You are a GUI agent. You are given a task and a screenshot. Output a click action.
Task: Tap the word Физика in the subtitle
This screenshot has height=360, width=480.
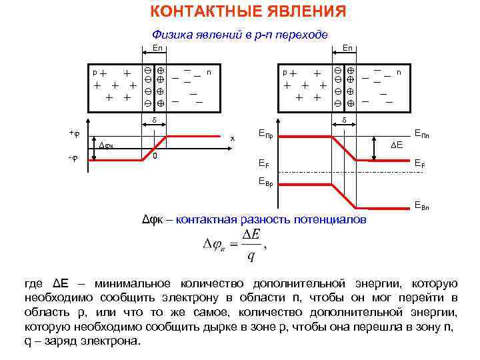[170, 35]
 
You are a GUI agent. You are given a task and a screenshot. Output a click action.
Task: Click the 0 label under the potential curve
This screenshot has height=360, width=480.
[154, 157]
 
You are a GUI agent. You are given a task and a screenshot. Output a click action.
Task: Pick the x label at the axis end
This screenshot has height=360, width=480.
[233, 138]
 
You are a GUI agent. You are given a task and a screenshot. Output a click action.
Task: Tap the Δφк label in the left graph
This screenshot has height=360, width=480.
[107, 145]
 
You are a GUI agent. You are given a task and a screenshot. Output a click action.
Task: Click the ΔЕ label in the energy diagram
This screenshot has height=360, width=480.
[398, 144]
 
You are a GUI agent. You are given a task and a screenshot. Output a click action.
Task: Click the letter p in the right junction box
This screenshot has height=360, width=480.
[284, 71]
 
